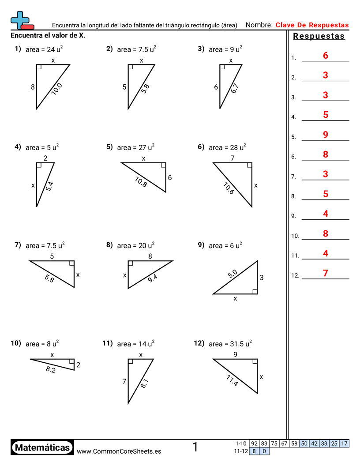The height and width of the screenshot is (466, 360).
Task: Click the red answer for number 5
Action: point(326,135)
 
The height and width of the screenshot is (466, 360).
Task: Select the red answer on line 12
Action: point(326,273)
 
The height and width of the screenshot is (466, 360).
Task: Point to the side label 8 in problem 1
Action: point(33,87)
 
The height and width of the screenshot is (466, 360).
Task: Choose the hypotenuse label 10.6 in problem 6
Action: point(229,188)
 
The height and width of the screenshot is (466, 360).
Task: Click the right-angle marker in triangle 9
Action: point(255,291)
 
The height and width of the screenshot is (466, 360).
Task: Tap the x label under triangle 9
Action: point(235,299)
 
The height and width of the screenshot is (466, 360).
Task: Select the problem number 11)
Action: point(108,343)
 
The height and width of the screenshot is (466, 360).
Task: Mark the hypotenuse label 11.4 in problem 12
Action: point(232,380)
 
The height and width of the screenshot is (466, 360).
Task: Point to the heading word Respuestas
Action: point(319,36)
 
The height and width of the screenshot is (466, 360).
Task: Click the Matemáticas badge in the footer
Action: point(42,447)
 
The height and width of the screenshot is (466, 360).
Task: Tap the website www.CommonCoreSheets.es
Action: point(119,451)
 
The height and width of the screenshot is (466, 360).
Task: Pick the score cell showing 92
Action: point(254,443)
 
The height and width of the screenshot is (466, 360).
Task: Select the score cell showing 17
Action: point(345,443)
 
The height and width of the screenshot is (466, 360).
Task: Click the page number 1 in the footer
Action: point(195,447)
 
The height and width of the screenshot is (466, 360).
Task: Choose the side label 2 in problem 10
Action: point(78,365)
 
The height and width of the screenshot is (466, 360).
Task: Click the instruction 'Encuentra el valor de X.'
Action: point(48,35)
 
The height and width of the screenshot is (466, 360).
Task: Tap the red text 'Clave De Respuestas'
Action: point(312,25)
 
